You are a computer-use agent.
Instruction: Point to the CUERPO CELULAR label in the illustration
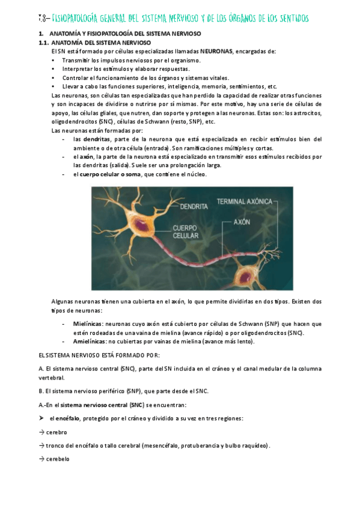point(189,232)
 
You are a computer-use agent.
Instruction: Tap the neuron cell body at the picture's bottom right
point(246,276)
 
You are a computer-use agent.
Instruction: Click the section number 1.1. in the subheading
point(43,43)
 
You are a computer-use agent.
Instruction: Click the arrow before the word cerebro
point(40,432)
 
